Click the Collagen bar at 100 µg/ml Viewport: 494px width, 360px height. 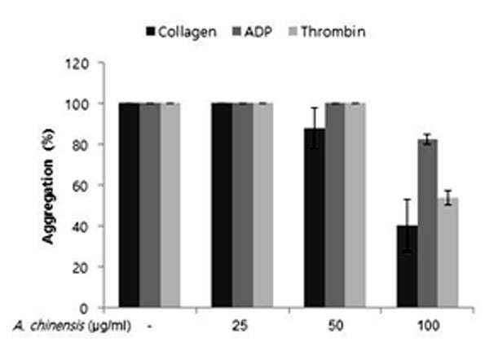pyautogui.click(x=408, y=266)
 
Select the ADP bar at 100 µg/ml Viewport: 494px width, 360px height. pyautogui.click(x=427, y=223)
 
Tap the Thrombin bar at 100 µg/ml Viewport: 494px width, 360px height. pyautogui.click(x=448, y=252)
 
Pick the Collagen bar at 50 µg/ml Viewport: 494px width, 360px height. pyautogui.click(x=315, y=217)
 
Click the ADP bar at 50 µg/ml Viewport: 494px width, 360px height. pyautogui.click(x=335, y=205)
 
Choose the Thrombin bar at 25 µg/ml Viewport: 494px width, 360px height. pyautogui.click(x=263, y=205)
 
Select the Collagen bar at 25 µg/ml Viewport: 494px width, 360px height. pyautogui.click(x=222, y=205)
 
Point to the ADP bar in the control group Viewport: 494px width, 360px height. pyautogui.click(x=150, y=205)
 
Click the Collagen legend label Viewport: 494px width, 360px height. pyautogui.click(x=187, y=32)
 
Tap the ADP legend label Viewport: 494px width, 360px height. pyautogui.click(x=258, y=32)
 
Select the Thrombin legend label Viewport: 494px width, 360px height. pyautogui.click(x=333, y=32)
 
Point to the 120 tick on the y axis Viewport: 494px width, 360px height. pyautogui.click(x=77, y=64)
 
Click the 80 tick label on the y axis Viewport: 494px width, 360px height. pyautogui.click(x=80, y=146)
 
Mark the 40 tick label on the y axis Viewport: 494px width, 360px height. pyautogui.click(x=80, y=227)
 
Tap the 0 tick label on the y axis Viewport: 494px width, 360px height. pyautogui.click(x=84, y=309)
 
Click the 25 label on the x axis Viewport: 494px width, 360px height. pyautogui.click(x=240, y=326)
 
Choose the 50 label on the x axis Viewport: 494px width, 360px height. pyautogui.click(x=336, y=326)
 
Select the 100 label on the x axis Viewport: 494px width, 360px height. pyautogui.click(x=429, y=326)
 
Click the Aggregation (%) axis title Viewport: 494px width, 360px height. pyautogui.click(x=49, y=187)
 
